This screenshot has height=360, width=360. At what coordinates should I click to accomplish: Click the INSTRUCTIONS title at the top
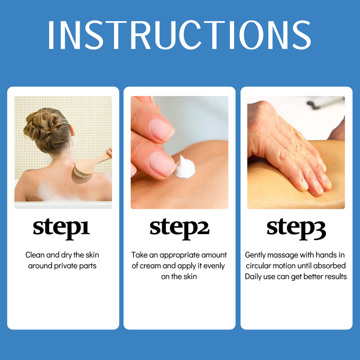pyautogui.click(x=179, y=35)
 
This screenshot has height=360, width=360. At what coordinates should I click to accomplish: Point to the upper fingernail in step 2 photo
pyautogui.click(x=161, y=129)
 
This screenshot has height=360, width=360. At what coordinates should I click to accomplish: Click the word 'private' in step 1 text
pyautogui.click(x=66, y=266)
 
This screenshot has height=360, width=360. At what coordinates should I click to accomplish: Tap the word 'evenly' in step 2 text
pyautogui.click(x=214, y=266)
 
